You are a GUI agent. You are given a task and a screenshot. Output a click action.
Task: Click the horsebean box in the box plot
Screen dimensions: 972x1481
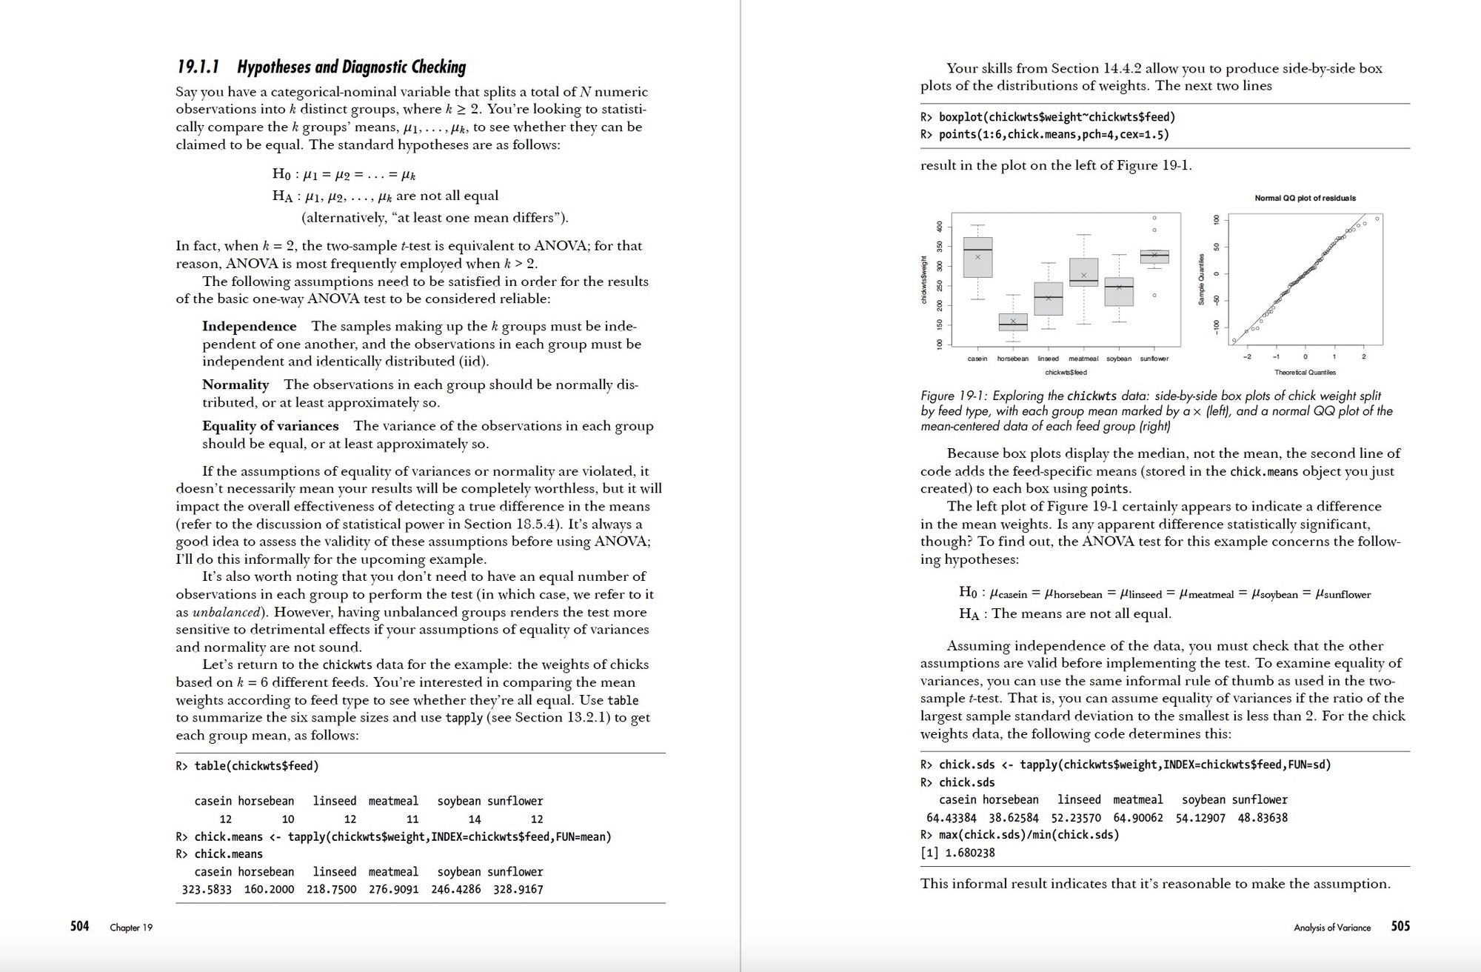point(1013,322)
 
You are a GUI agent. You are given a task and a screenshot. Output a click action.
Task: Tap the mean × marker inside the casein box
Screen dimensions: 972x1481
point(977,257)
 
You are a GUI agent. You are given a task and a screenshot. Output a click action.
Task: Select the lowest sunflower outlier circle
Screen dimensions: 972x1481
point(1154,296)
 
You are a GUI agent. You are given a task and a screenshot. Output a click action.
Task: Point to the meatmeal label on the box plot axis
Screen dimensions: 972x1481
point(1083,359)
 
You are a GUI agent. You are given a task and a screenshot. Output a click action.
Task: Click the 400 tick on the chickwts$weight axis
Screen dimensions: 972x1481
point(940,226)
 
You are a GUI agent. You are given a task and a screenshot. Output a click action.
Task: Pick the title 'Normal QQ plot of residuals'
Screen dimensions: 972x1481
point(1305,198)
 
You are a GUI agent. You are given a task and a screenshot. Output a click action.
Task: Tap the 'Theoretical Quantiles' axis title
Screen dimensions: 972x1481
point(1305,372)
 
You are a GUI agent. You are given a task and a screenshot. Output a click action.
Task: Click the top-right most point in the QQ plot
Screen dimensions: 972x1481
point(1377,219)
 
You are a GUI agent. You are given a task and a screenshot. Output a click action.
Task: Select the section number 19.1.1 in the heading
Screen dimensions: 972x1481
point(198,67)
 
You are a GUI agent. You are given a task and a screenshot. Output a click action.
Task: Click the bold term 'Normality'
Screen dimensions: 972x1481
point(235,385)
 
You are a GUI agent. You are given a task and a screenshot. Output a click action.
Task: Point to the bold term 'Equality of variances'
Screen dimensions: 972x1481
point(270,426)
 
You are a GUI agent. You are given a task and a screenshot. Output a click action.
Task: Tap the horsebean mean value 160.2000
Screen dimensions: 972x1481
point(269,889)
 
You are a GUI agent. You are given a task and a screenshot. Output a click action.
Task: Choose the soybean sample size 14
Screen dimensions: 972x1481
point(475,819)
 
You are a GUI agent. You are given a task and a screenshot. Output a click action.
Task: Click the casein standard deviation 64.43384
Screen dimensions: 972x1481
point(951,817)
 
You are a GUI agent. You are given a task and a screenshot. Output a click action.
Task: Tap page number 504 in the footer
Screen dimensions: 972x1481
point(79,926)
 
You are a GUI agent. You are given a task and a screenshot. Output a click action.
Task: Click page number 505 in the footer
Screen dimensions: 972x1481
point(1400,926)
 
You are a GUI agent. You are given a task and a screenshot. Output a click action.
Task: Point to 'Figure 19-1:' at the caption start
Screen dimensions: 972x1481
point(955,396)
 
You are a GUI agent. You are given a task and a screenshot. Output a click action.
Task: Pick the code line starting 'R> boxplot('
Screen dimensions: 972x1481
point(1048,117)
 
